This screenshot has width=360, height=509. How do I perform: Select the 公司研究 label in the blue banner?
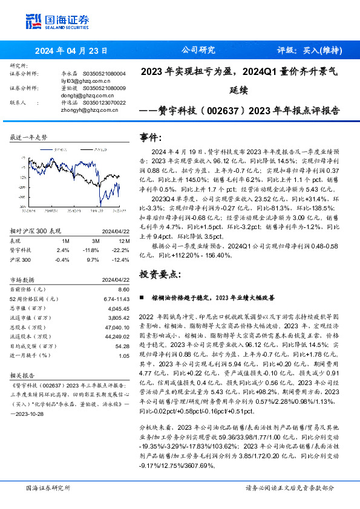tap(198, 51)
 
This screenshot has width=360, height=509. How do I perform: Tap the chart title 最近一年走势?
tap(29, 138)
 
